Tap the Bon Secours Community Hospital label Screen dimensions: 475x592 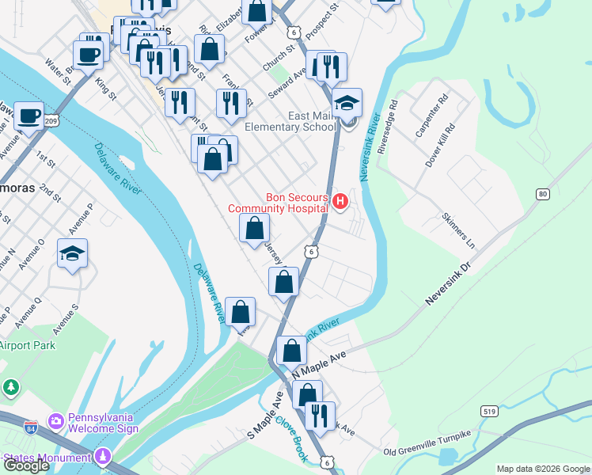click(278, 203)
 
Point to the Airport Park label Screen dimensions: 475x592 click(28, 345)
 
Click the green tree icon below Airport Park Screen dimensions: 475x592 click(11, 387)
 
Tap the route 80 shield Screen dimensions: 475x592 click(542, 194)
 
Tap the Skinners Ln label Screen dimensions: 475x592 click(458, 230)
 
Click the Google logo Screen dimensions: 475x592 click(26, 465)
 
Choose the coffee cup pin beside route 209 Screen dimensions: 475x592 click(29, 117)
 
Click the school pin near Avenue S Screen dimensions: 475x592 click(72, 254)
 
